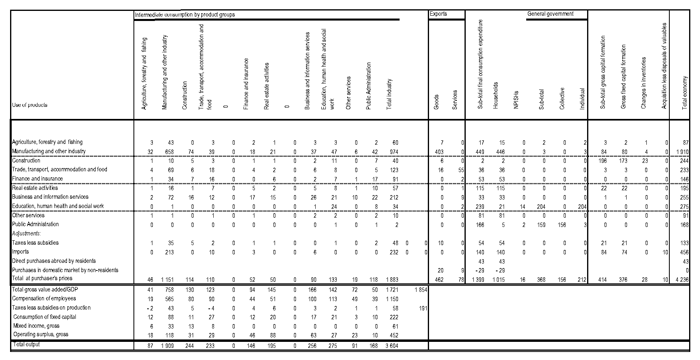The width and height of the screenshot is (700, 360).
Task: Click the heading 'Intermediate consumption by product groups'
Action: [185, 15]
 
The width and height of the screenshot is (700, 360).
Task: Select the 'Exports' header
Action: [438, 14]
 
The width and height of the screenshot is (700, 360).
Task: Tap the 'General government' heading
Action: [550, 14]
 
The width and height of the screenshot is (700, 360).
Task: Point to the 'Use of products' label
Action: [30, 105]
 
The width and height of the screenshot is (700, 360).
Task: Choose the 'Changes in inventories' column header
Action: [644, 83]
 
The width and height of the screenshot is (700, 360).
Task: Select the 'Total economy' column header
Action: [684, 93]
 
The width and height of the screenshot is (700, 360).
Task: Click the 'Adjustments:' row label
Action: [27, 233]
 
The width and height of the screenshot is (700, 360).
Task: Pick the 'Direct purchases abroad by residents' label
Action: [54, 261]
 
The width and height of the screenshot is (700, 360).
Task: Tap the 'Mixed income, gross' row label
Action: [36, 326]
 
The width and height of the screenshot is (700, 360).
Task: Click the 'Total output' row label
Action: [26, 345]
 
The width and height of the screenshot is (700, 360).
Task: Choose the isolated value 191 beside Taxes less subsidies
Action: [422, 308]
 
